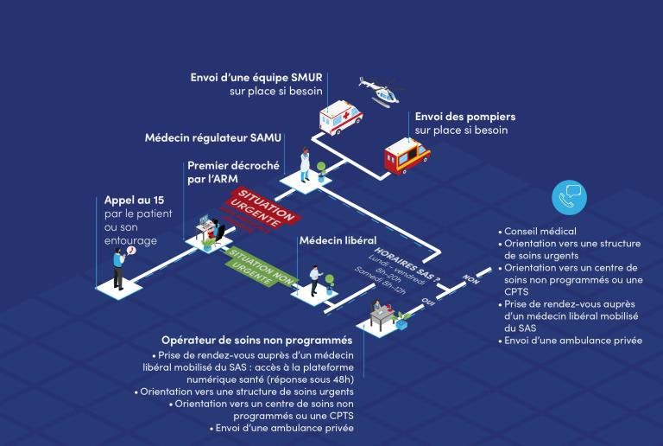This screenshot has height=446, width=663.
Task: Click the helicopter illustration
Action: tap(381, 89)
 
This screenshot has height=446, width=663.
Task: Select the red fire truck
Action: tap(406, 156)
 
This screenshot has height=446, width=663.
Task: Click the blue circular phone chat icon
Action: tap(569, 198)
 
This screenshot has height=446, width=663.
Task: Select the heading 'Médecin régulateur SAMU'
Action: tap(212, 137)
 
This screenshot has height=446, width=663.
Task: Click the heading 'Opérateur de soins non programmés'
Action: tap(257, 341)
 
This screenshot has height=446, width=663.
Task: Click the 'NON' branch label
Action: tap(470, 278)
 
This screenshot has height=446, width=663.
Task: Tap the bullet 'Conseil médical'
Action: tap(542, 232)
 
